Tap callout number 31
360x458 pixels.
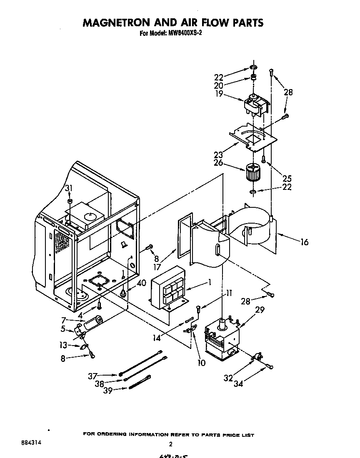[x=69, y=188]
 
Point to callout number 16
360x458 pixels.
[x=304, y=241]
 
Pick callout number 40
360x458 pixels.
[x=141, y=283]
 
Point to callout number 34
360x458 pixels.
[x=238, y=383]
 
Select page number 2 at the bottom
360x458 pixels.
[x=170, y=444]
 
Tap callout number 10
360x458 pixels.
[x=201, y=363]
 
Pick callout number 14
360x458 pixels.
[x=156, y=338]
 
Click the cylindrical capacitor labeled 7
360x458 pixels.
[x=92, y=323]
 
